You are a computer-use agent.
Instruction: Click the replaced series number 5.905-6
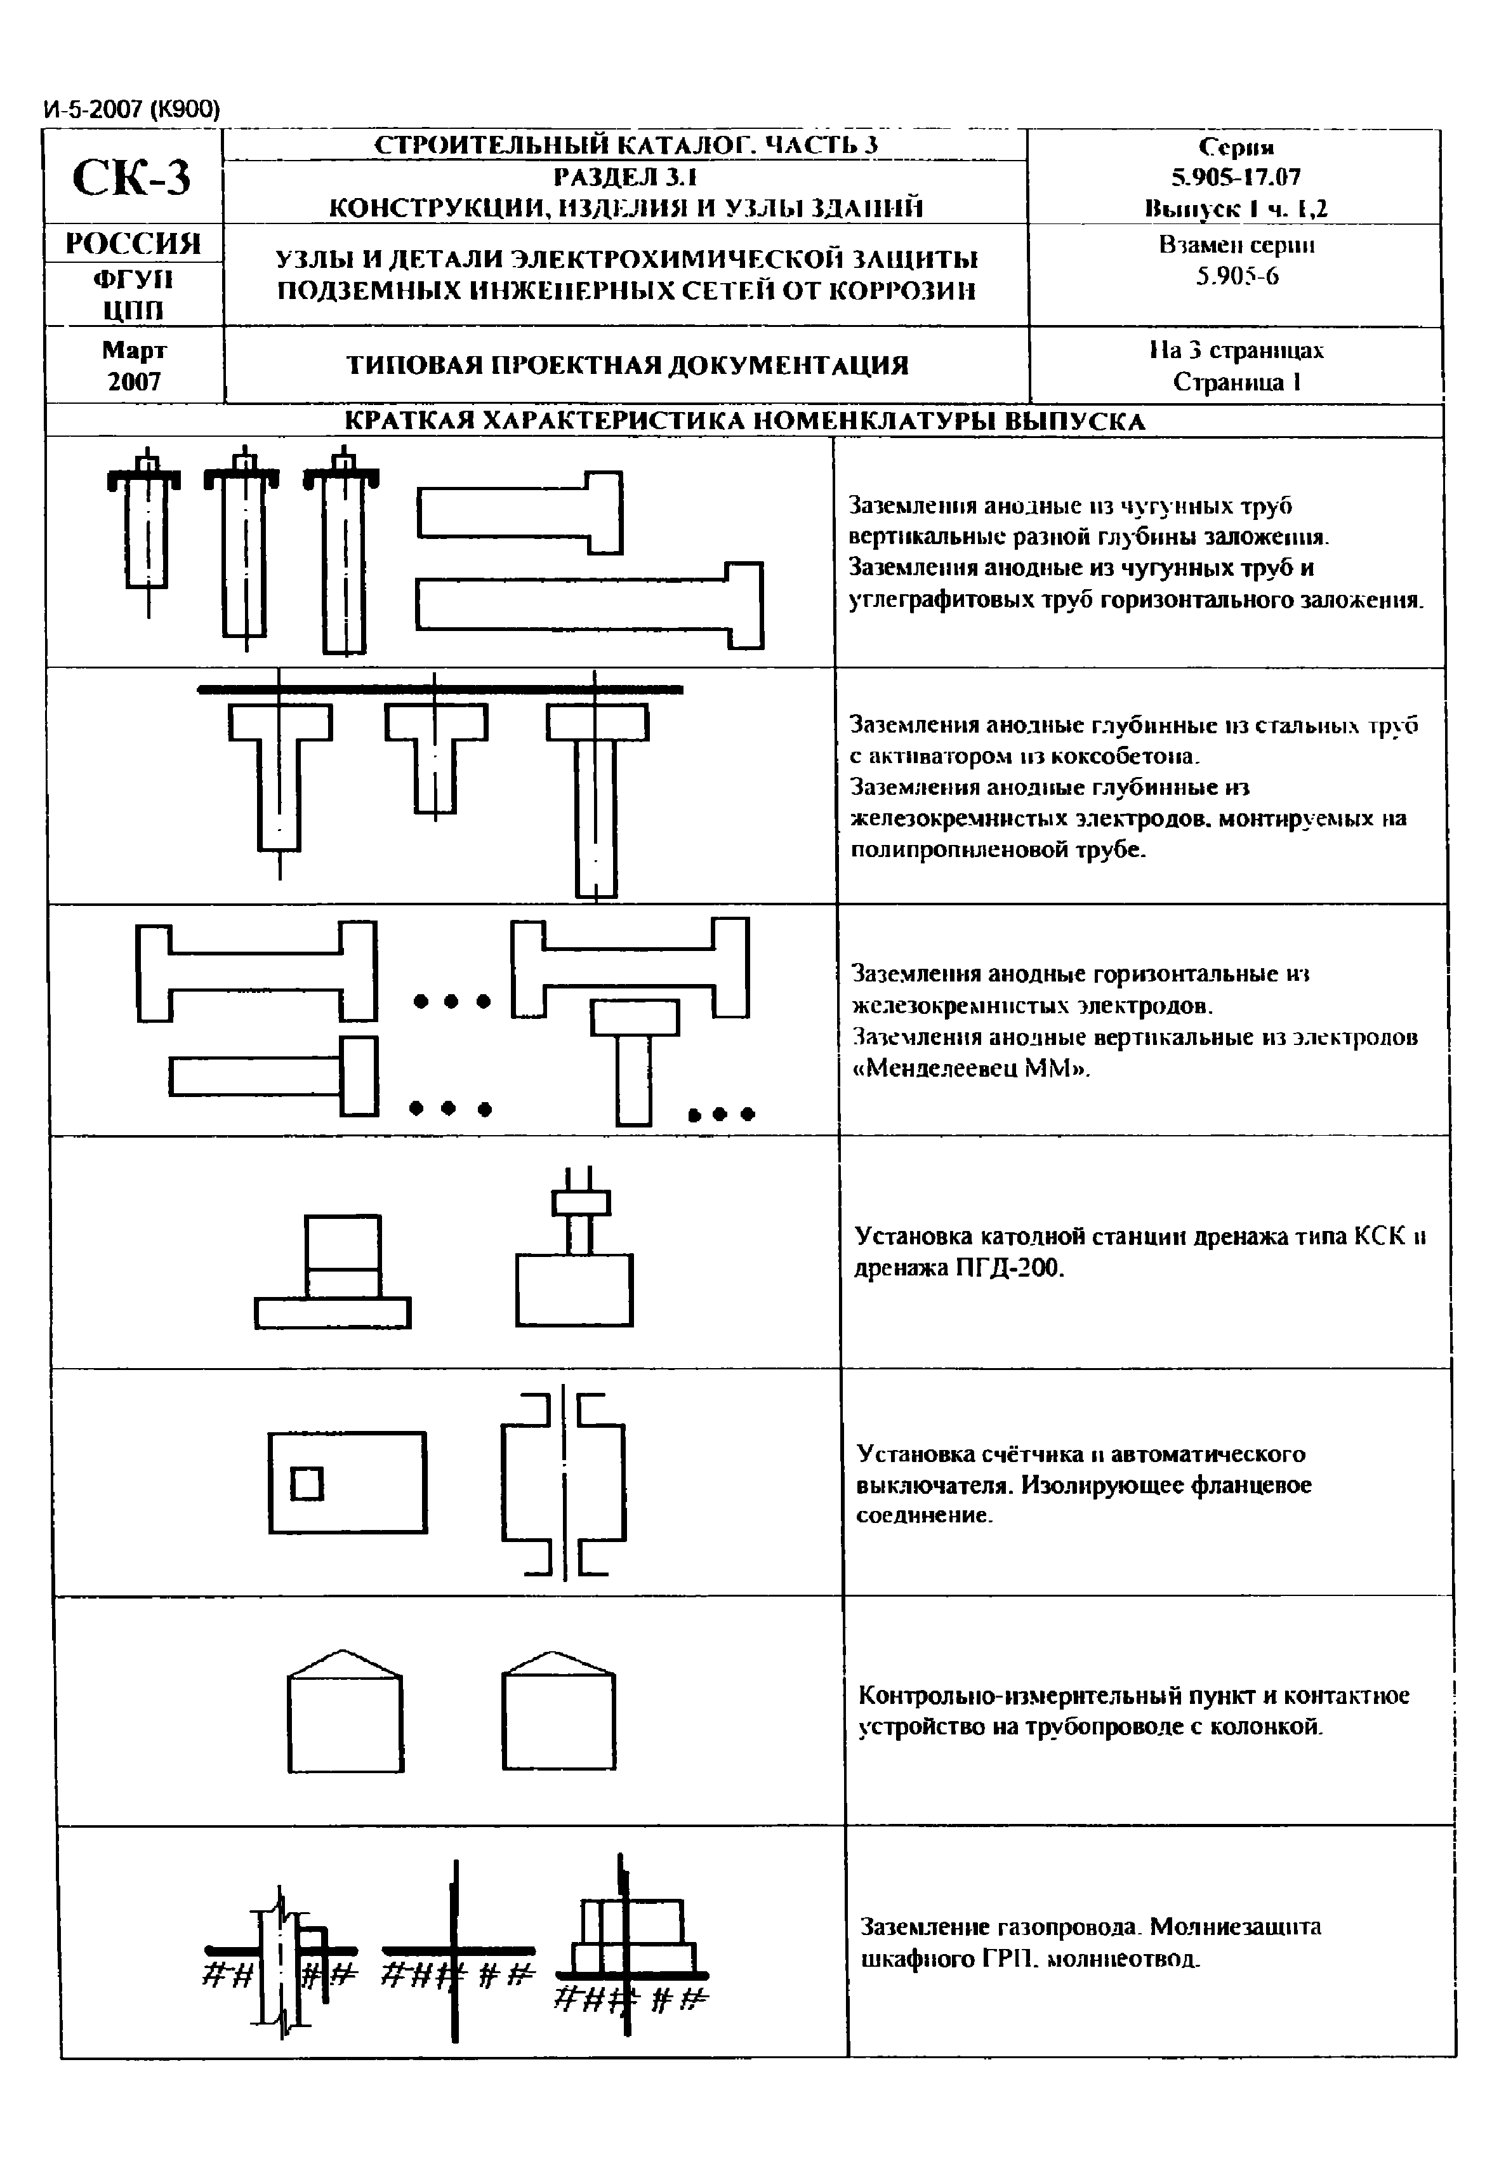coord(1236,276)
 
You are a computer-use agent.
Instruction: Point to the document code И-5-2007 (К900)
coord(131,110)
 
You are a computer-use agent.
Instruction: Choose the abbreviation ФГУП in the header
coord(133,279)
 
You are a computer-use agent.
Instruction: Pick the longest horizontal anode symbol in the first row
coord(589,604)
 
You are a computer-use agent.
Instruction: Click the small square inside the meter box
coord(306,1484)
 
